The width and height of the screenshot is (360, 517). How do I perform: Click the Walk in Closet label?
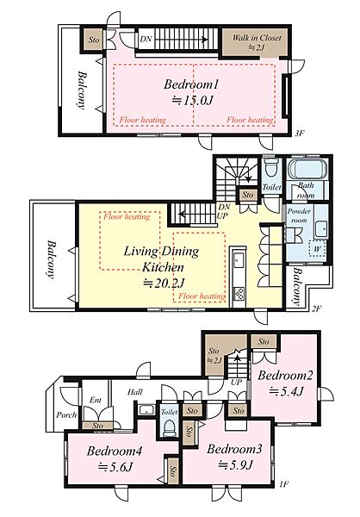tap(257, 38)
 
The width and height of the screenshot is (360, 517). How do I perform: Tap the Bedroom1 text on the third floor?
tap(191, 84)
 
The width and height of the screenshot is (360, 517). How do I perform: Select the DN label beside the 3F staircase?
tap(146, 39)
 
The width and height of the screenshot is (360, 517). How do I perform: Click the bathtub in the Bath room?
tap(307, 169)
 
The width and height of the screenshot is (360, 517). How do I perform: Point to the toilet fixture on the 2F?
tap(272, 167)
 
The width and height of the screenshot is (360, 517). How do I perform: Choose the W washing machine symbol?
tap(317, 249)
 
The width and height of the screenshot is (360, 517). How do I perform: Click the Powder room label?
tap(299, 215)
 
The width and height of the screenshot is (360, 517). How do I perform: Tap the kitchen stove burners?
tap(239, 292)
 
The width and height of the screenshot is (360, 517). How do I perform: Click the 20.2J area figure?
tap(164, 283)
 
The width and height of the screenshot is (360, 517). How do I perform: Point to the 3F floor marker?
tap(300, 134)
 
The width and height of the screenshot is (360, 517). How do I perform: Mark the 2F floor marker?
tap(316, 308)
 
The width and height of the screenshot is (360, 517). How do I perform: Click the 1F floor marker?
tap(284, 484)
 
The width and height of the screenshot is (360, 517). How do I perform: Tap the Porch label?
tap(66, 414)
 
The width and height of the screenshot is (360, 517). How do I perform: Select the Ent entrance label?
tap(96, 400)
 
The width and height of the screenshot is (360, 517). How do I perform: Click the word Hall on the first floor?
tap(135, 392)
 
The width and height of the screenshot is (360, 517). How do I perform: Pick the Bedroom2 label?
tap(285, 375)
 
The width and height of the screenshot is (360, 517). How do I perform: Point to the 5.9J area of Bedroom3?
tap(235, 465)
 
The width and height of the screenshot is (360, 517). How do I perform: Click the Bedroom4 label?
tap(115, 451)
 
